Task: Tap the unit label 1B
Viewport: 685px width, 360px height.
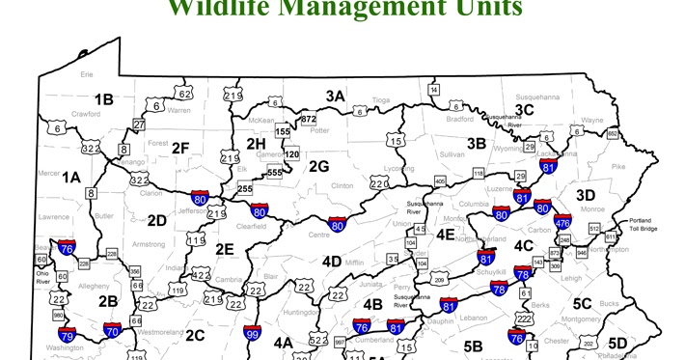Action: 103,98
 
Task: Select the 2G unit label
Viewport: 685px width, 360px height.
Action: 318,166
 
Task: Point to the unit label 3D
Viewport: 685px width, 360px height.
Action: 586,194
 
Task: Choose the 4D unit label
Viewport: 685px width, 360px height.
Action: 331,261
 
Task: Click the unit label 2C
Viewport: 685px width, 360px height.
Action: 195,335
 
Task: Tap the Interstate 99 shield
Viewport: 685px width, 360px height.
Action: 252,334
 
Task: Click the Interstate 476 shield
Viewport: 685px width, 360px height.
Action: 562,222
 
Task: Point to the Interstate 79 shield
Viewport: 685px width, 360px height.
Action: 66,335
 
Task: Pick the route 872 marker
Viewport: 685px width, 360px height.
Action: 309,119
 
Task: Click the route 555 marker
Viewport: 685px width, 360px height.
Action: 275,172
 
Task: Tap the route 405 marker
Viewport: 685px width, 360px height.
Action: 440,180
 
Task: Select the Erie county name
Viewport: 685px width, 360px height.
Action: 87,73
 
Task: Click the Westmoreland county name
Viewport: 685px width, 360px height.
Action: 159,331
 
